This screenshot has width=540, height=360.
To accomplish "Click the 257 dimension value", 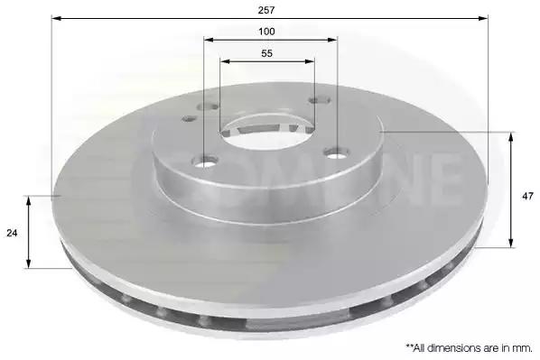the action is tap(266, 10).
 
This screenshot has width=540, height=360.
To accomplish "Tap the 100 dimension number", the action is tap(266, 32).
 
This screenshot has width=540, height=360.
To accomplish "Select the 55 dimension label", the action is tap(267, 54).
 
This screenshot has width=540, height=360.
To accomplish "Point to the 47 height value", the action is tap(527, 197).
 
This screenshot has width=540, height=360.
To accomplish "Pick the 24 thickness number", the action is tap(12, 233).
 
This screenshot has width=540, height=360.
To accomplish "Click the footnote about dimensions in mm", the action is tap(469, 348).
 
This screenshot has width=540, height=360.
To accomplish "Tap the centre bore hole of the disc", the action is tap(266, 134).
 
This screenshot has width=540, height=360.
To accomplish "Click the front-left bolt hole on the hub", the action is tap(205, 162).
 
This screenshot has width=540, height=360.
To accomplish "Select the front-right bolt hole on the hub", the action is tap(336, 152).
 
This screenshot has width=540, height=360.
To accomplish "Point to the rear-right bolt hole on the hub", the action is tap(320, 100).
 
